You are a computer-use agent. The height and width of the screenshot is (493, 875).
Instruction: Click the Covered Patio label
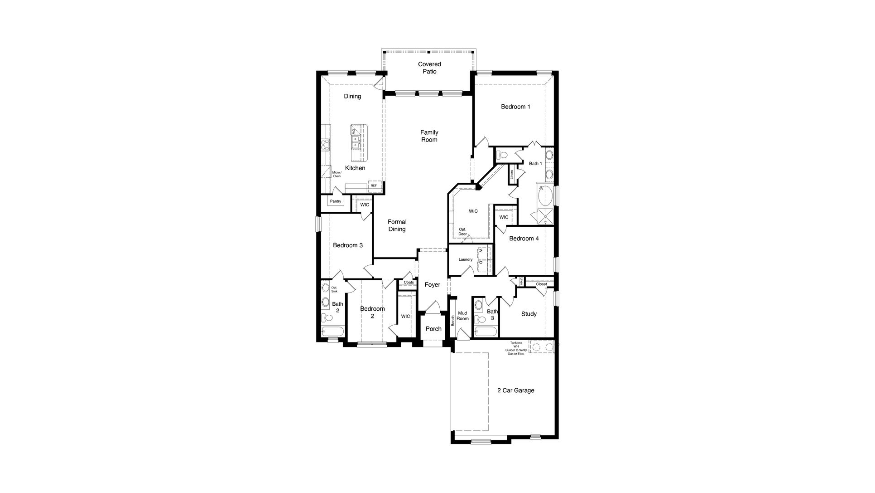tap(429, 68)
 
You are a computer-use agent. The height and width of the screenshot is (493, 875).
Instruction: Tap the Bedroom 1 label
tap(515, 107)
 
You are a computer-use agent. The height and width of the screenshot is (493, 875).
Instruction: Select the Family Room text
tap(429, 136)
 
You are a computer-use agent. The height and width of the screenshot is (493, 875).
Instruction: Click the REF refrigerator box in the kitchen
tap(374, 185)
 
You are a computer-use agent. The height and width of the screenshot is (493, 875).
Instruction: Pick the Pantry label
tap(335, 201)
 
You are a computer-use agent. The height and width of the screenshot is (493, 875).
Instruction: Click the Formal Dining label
tap(397, 225)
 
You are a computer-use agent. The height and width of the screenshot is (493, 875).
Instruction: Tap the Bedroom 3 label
tap(347, 245)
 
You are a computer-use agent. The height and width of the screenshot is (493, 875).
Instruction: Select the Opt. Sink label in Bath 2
tap(334, 289)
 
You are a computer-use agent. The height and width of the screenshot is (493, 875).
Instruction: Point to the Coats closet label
tap(409, 283)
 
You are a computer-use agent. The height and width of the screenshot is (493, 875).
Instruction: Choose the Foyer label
tap(432, 285)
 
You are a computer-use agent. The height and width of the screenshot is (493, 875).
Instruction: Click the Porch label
tap(433, 329)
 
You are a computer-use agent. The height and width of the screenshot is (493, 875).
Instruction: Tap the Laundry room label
tap(465, 260)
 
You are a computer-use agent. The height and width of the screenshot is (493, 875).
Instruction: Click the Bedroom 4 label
tap(524, 239)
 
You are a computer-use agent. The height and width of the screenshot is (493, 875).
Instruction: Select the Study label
tap(529, 314)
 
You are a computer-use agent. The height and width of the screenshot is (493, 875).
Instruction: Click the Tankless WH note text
tap(516, 348)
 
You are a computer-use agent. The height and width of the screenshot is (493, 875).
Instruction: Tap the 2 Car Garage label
tap(515, 390)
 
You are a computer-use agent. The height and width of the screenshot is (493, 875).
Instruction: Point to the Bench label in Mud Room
tap(452, 321)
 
